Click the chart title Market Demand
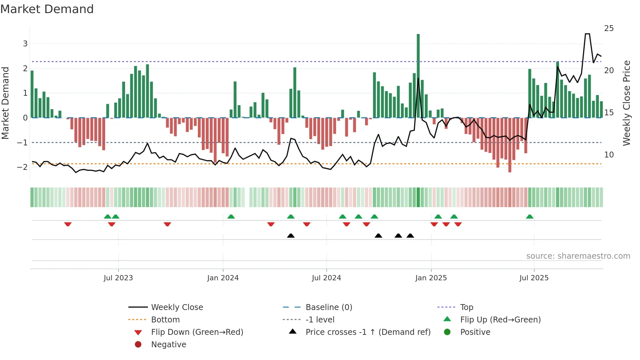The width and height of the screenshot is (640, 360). tap(47, 9)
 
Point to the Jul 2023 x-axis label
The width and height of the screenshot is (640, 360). tap(118, 278)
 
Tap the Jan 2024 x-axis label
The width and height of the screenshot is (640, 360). tap(223, 278)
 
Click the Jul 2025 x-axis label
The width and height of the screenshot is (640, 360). tap(534, 278)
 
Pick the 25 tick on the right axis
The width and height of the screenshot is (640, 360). tap(609, 28)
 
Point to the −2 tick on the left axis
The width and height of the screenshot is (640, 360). tap(22, 167)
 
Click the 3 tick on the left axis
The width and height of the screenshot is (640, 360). tap(25, 44)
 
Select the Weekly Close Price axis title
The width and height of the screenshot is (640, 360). tap(626, 103)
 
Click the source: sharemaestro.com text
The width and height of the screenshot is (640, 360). tap(578, 256)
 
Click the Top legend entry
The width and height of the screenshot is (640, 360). tap(467, 307)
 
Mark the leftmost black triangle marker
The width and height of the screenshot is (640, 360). tap(291, 236)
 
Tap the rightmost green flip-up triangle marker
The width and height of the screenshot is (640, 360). tap(530, 217)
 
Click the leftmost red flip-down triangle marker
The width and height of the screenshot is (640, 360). tap(68, 224)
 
